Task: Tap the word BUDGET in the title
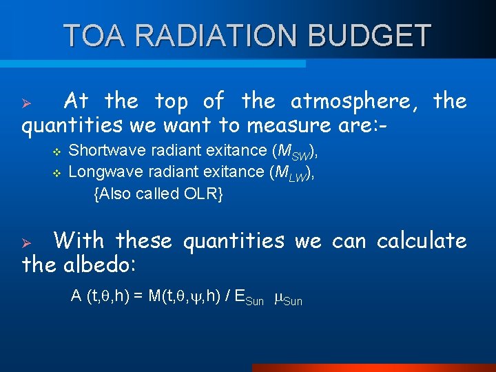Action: point(374,36)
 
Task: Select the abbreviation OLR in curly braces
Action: point(199,194)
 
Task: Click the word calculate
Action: point(422,240)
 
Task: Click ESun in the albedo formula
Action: point(249,298)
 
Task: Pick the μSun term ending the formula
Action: point(287,298)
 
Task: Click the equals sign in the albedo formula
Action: point(138,296)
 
